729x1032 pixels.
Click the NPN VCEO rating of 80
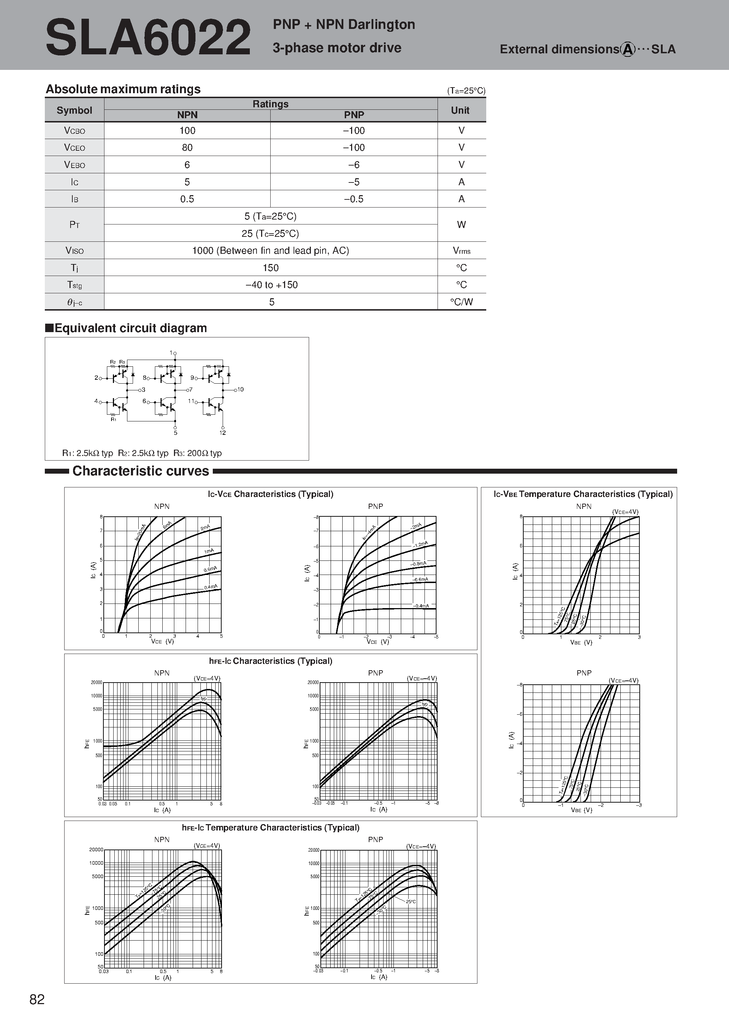(187, 148)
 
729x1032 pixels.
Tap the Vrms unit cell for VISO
(462, 251)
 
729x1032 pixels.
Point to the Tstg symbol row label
(74, 285)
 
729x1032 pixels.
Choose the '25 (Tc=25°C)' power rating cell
(271, 234)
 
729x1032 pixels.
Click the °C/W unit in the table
(462, 302)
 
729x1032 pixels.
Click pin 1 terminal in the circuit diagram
(175, 354)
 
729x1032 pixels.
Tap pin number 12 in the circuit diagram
(222, 433)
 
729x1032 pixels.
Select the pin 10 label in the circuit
(240, 389)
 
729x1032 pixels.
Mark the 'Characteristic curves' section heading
(141, 471)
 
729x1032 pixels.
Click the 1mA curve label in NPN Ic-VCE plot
(209, 551)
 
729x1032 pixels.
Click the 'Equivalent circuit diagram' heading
(130, 328)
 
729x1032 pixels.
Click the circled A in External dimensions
(627, 49)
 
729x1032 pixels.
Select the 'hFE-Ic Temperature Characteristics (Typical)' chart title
(271, 828)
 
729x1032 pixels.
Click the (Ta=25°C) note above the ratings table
(466, 91)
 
